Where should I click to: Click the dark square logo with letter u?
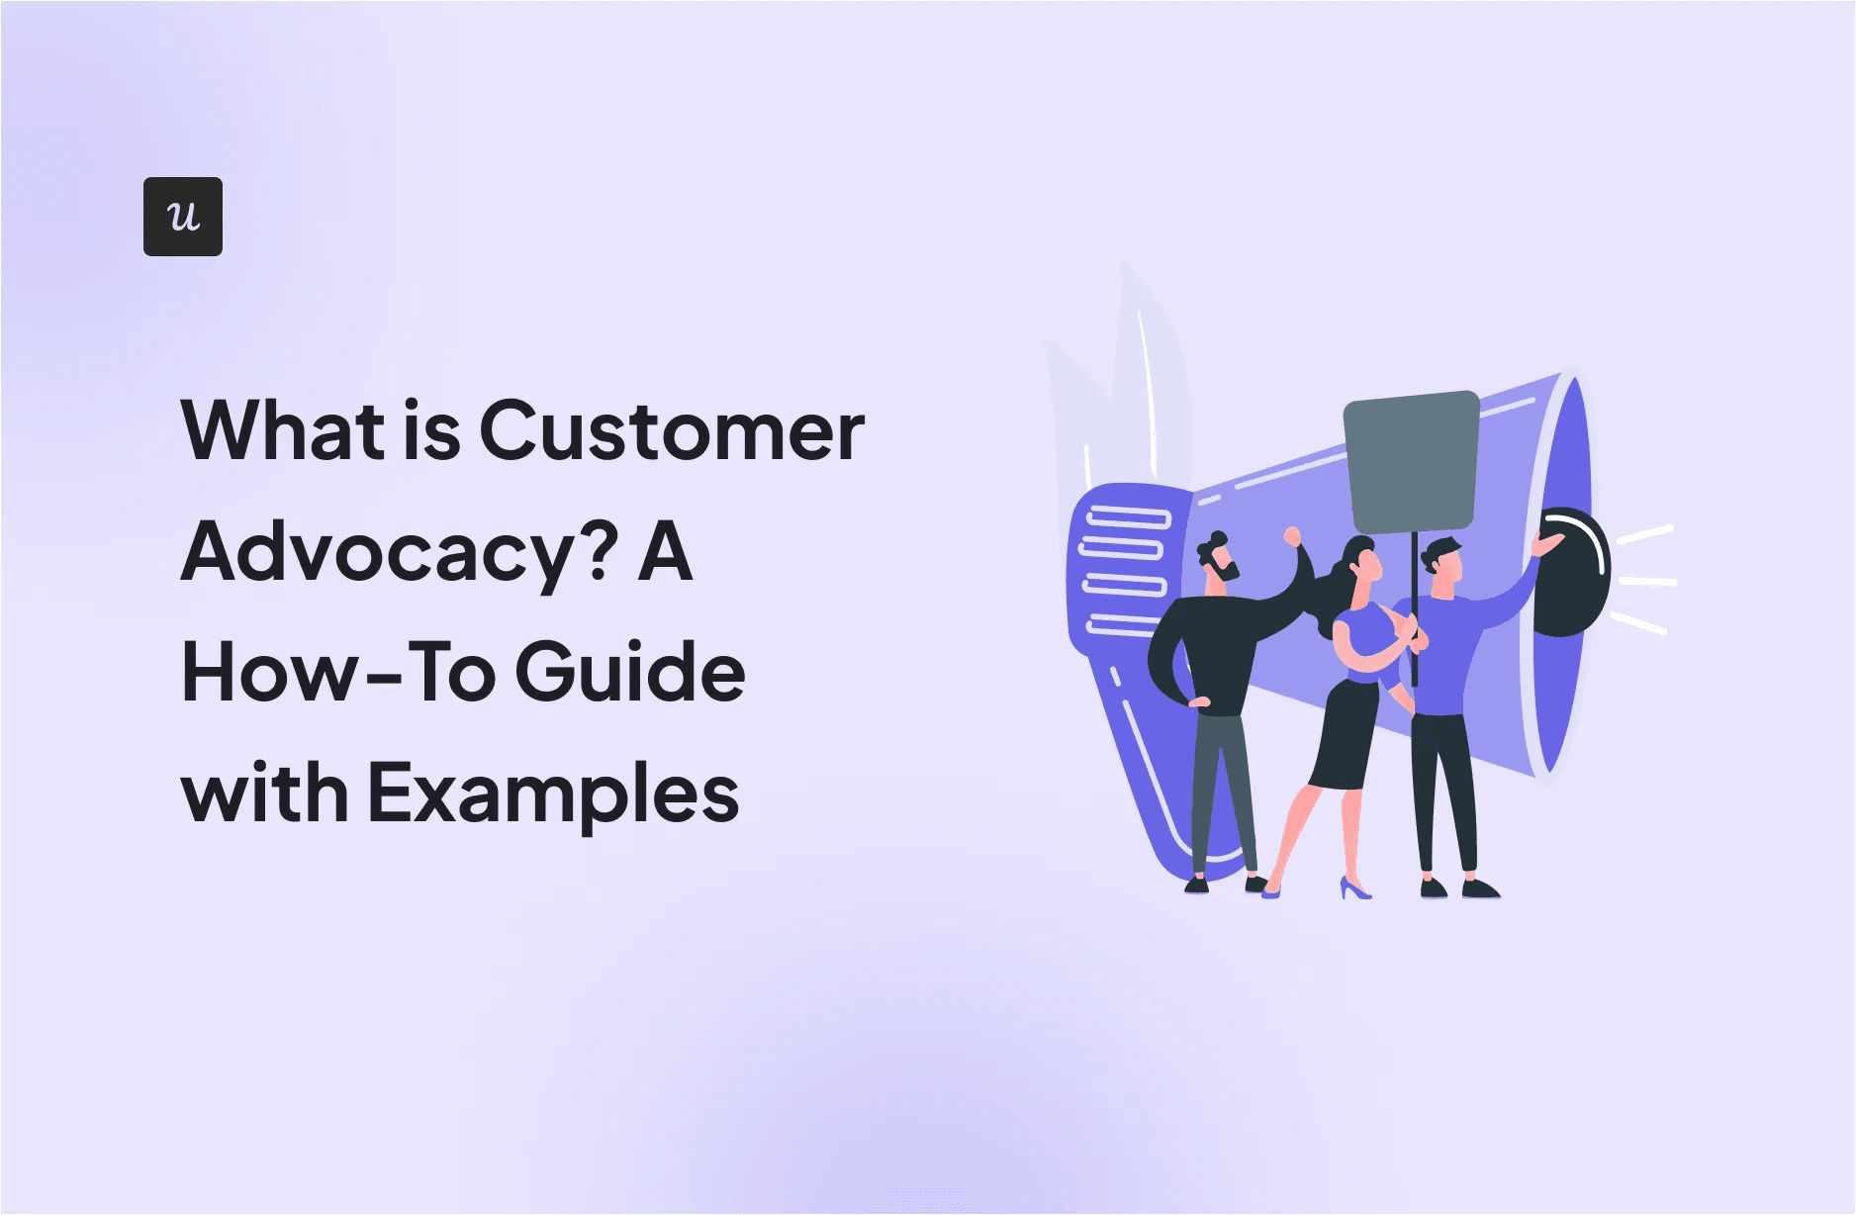[183, 217]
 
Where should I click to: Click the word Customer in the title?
[672, 431]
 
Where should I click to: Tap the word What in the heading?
[283, 431]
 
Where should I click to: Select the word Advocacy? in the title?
[400, 554]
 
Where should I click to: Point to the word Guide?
[630, 673]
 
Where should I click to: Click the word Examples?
[554, 794]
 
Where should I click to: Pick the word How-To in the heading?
[338, 673]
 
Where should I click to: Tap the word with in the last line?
[264, 794]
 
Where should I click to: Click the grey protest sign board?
[1412, 461]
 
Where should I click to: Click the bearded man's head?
[1218, 560]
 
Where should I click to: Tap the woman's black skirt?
[1346, 737]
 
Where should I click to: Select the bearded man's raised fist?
[1291, 537]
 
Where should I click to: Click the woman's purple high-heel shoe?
[1354, 888]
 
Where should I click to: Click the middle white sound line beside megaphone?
[1646, 582]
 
